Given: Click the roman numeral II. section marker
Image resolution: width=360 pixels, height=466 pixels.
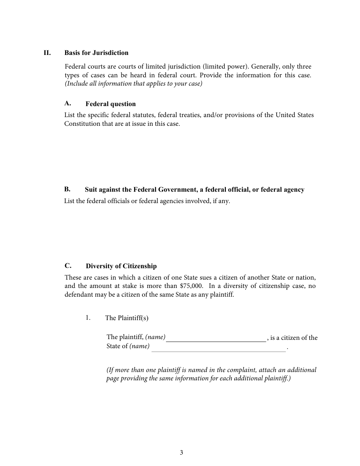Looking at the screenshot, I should tap(47, 53).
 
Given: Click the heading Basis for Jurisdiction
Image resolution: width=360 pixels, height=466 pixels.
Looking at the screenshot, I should tap(96, 53).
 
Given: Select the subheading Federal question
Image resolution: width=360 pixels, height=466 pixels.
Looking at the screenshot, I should tap(110, 104).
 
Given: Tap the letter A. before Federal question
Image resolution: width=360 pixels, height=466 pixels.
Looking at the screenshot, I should tap(68, 103).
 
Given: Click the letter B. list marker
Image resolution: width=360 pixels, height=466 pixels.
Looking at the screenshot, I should tap(67, 189).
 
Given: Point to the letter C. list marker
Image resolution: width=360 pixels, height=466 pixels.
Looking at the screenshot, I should tap(68, 266).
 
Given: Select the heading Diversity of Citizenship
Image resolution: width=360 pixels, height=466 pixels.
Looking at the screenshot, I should tap(121, 266).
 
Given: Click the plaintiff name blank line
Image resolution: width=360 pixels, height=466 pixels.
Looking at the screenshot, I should tap(216, 338).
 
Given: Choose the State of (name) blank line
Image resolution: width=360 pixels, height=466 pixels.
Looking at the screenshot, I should tap(218, 348).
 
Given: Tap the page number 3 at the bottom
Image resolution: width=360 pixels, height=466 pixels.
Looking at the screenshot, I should tap(182, 452).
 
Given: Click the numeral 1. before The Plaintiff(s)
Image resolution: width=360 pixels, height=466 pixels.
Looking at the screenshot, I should tap(88, 317).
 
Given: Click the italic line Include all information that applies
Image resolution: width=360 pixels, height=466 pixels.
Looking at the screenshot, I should tap(133, 84).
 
